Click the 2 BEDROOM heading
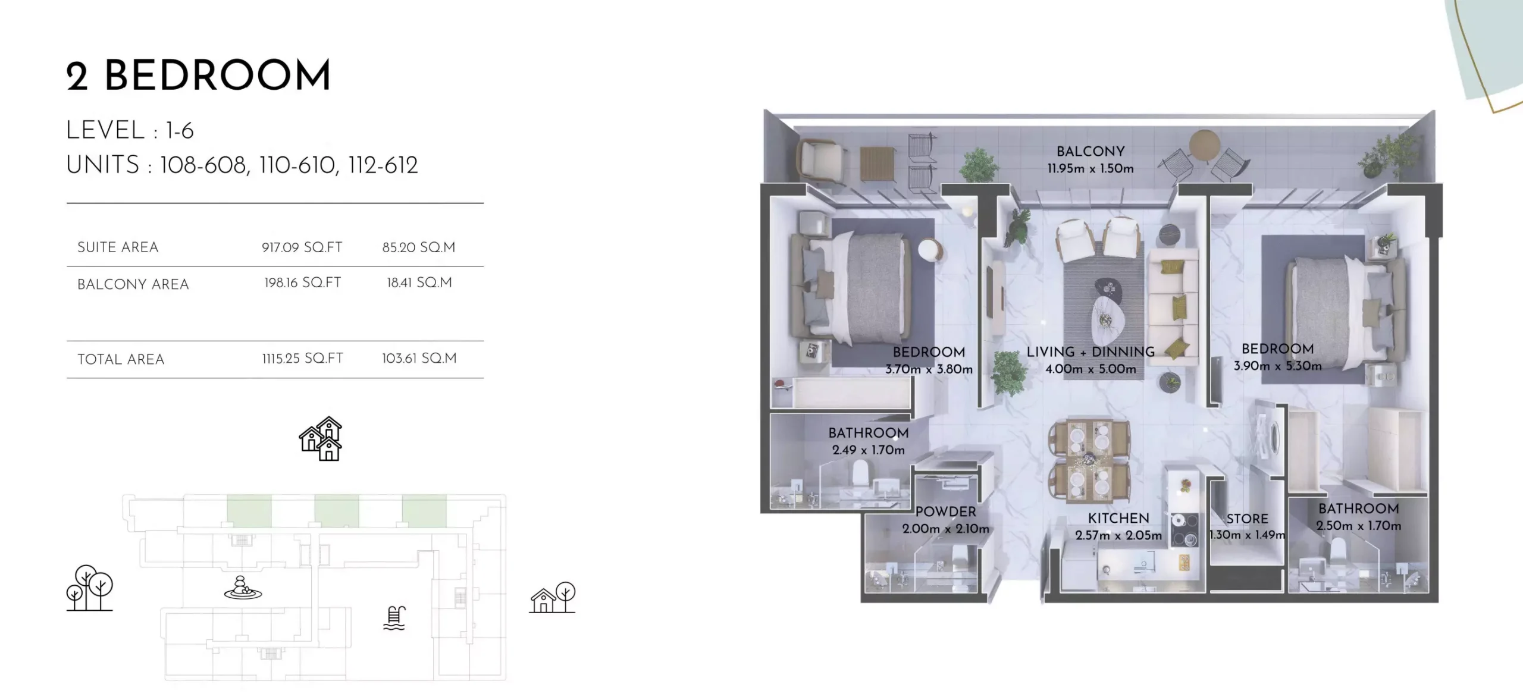(198, 76)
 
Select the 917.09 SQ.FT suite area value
(302, 247)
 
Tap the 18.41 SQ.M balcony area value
(419, 282)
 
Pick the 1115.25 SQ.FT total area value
(303, 359)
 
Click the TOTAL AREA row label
(121, 359)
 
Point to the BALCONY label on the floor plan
(1090, 152)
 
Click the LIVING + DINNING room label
(1090, 352)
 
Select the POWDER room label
(945, 511)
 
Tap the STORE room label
(1247, 519)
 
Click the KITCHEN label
(1118, 518)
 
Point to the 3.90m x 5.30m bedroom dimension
(1277, 366)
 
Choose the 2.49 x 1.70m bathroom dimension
(868, 450)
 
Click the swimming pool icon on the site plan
(394, 618)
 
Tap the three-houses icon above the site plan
(321, 439)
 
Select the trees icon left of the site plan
(89, 588)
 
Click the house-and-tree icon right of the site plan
(553, 598)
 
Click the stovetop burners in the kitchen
(1184, 530)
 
